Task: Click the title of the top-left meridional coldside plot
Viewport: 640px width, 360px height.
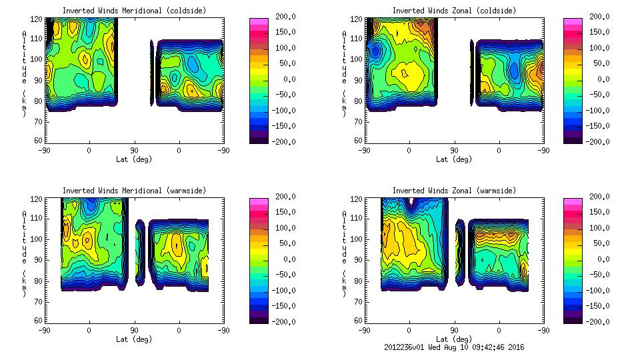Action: (134, 11)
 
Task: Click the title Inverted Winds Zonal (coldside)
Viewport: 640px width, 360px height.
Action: (454, 11)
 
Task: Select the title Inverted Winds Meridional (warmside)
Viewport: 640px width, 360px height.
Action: (134, 191)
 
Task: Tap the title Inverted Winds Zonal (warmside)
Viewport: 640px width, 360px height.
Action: (454, 191)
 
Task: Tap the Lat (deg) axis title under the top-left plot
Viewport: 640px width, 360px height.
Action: (135, 159)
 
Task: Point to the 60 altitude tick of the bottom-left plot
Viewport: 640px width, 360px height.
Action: (39, 321)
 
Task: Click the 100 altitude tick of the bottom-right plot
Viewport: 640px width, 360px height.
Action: (357, 239)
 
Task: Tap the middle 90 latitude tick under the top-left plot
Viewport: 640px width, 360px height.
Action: (134, 150)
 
